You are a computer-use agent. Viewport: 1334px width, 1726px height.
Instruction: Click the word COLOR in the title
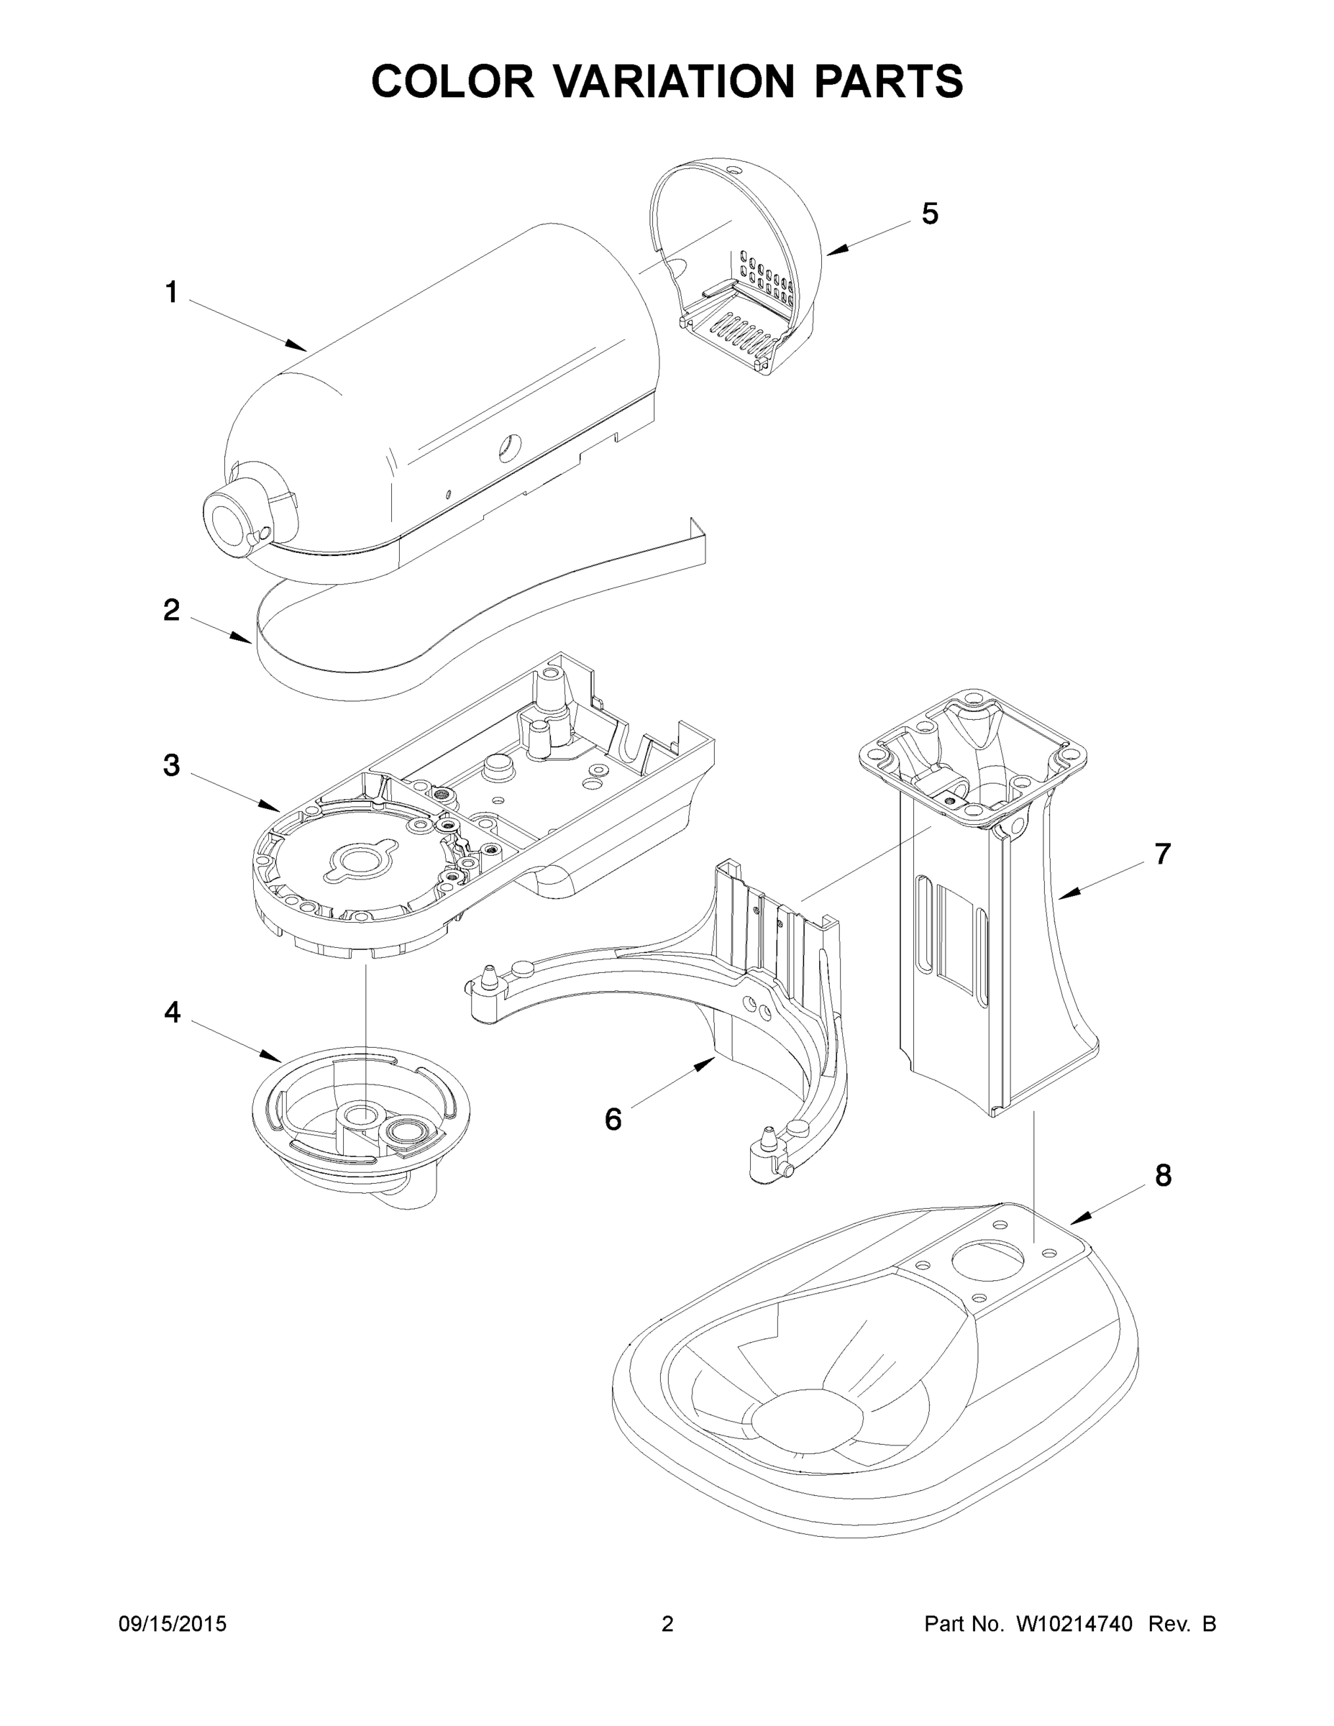click(x=453, y=81)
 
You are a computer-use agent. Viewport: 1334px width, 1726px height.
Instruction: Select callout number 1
click(x=170, y=293)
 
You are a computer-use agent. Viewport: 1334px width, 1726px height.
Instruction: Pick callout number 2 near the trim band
click(x=170, y=610)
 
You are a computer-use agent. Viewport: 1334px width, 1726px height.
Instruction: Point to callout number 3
click(x=170, y=765)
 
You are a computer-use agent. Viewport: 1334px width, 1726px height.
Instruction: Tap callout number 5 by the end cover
click(x=929, y=214)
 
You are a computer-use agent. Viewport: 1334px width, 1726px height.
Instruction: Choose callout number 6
click(x=613, y=1119)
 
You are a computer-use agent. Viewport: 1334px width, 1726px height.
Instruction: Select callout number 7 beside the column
click(x=1161, y=854)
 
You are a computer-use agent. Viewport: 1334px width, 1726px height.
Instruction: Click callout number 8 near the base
click(x=1163, y=1198)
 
